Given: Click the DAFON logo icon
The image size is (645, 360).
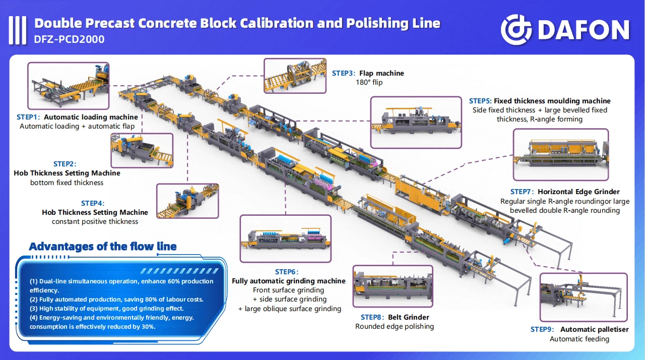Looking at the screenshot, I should click(x=517, y=30).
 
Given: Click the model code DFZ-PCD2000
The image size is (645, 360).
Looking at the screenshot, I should click(x=70, y=39).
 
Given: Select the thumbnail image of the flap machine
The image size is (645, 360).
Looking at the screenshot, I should click(x=295, y=76).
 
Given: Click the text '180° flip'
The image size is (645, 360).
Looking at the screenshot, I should click(x=369, y=82).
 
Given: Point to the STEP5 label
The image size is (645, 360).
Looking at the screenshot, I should click(x=480, y=101).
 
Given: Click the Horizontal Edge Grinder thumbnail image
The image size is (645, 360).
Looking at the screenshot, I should click(x=560, y=155).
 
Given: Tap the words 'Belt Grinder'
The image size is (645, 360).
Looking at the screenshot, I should click(x=409, y=317).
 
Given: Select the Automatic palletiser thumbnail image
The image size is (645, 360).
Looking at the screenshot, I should click(x=584, y=297).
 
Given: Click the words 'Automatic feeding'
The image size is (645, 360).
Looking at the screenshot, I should click(x=579, y=339).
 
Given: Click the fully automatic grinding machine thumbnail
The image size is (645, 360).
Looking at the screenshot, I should click(x=285, y=238).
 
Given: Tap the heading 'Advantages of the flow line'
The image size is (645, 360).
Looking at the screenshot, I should click(x=103, y=247).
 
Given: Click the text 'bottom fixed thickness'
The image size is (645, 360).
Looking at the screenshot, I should click(x=67, y=183).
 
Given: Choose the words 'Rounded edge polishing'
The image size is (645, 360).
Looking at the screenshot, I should click(x=395, y=326).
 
